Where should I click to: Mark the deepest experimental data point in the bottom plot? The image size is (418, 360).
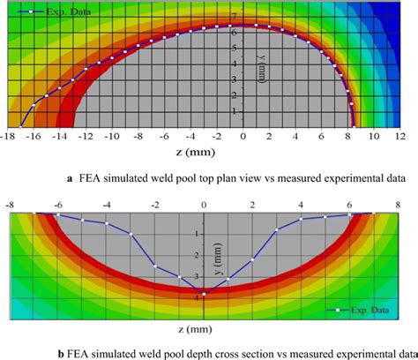point(204,294)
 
